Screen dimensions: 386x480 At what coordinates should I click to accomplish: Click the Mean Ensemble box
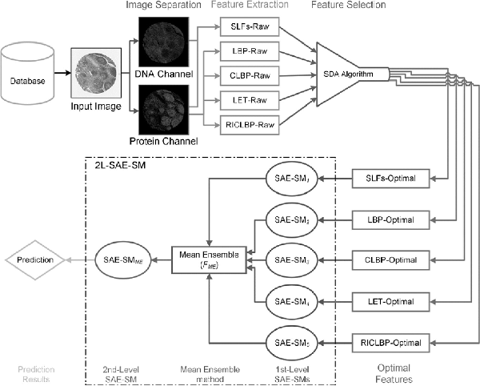coord(210,260)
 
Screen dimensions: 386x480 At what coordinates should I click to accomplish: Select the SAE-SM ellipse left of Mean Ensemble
coord(119,260)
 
